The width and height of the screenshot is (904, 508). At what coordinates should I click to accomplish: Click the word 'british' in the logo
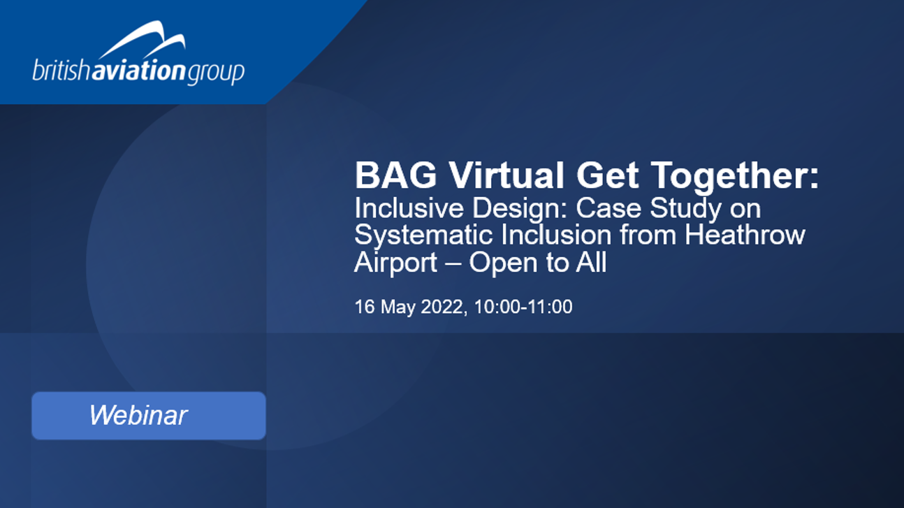click(61, 71)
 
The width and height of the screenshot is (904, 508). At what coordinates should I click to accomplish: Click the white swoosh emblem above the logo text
click(142, 40)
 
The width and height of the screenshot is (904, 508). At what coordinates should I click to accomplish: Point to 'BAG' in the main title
click(395, 175)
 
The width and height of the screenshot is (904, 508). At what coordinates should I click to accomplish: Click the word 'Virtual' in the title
click(506, 175)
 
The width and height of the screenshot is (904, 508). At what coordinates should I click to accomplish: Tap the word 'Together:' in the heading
click(735, 176)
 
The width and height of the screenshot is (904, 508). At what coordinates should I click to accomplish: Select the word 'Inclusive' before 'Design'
click(409, 208)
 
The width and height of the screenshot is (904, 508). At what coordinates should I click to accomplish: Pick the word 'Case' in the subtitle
click(608, 208)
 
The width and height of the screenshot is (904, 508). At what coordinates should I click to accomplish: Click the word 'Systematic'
click(423, 235)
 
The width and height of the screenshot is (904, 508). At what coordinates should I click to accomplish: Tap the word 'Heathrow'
click(745, 235)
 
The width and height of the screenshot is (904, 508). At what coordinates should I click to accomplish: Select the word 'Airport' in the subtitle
click(395, 263)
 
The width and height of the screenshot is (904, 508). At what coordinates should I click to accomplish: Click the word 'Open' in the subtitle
click(503, 263)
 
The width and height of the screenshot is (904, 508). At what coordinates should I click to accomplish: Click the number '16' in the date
click(365, 307)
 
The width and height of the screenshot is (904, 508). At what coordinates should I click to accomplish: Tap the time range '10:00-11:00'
click(523, 307)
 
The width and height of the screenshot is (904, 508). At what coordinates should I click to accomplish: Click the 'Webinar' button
click(149, 416)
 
